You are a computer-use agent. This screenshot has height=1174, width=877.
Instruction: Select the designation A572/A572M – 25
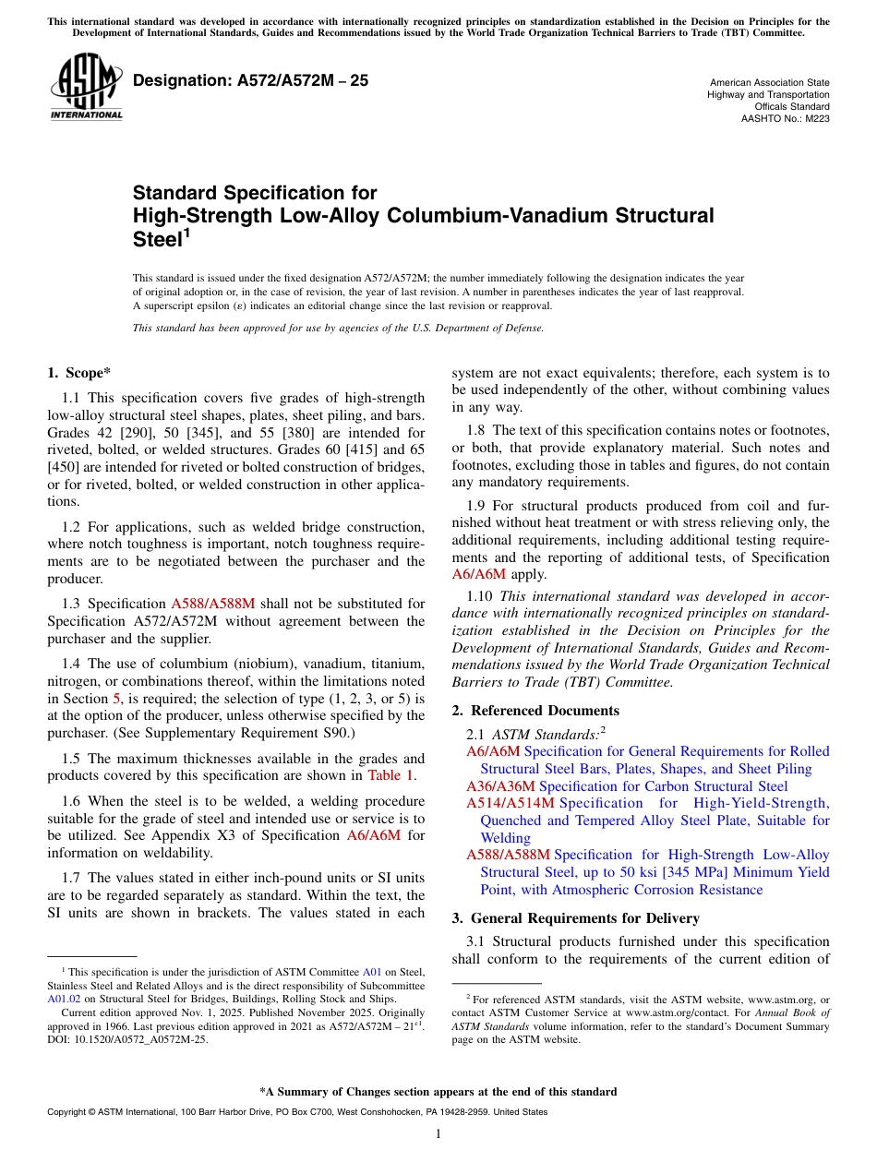pyautogui.click(x=251, y=80)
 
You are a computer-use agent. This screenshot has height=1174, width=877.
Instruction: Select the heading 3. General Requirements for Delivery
pyautogui.click(x=576, y=918)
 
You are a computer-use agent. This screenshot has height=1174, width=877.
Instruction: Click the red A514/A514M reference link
pyautogui.click(x=511, y=803)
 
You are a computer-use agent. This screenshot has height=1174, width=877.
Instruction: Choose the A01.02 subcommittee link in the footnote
pyautogui.click(x=62, y=998)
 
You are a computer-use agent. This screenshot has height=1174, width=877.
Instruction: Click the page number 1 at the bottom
pyautogui.click(x=438, y=1133)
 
